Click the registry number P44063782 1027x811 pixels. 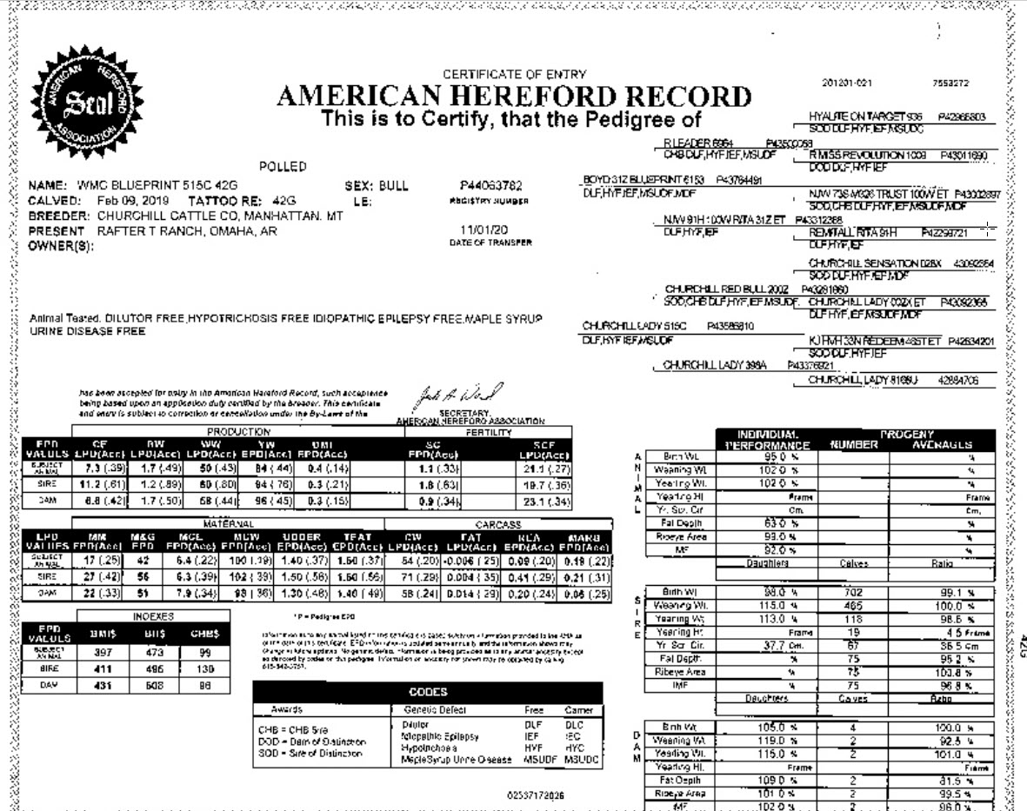click(490, 185)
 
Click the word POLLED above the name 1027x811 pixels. click(283, 166)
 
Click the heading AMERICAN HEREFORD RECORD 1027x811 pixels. click(514, 97)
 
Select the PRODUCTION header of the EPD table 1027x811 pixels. click(238, 432)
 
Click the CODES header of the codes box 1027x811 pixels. click(428, 692)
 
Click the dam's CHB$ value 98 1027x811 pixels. click(204, 685)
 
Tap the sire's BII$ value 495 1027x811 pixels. click(153, 668)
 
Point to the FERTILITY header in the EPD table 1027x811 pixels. click(511, 432)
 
